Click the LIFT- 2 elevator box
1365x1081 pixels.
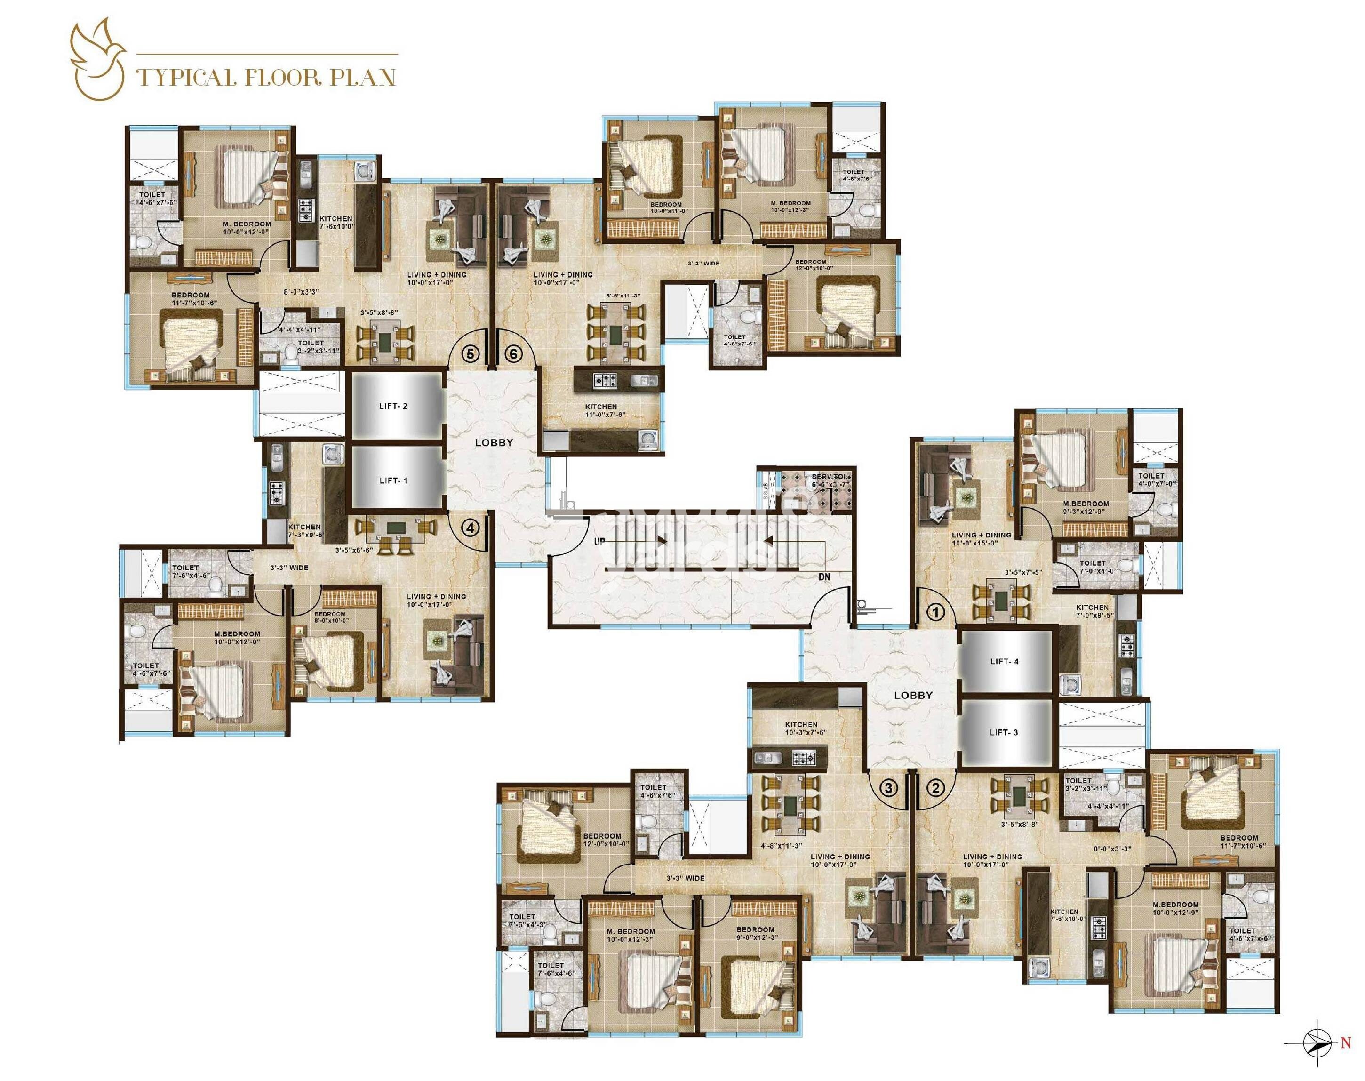pyautogui.click(x=396, y=406)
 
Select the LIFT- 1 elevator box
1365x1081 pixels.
pyautogui.click(x=396, y=480)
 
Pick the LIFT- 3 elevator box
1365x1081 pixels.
pyautogui.click(x=1004, y=732)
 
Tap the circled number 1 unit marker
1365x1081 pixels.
pyautogui.click(x=936, y=611)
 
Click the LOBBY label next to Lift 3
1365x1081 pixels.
pyautogui.click(x=913, y=695)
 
